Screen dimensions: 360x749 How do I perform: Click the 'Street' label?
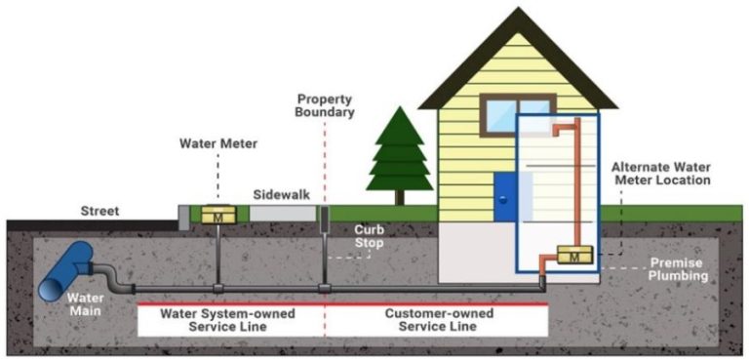[99, 210]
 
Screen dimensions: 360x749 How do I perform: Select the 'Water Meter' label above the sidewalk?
[217, 143]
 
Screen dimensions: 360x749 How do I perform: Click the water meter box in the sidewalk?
[219, 216]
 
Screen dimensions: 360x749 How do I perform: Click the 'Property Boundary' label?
[325, 106]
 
